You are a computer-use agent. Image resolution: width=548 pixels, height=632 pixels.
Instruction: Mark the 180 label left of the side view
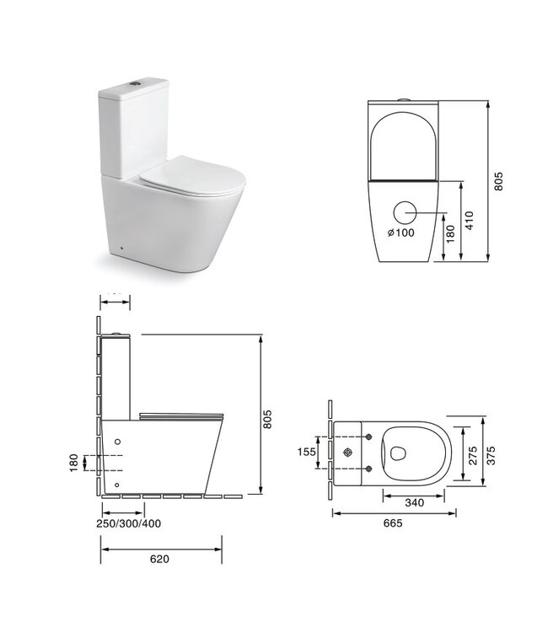point(73,461)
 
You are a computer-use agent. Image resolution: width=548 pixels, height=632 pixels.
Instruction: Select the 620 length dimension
point(161,557)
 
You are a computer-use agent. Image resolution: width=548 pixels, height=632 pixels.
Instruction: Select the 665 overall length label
point(393,523)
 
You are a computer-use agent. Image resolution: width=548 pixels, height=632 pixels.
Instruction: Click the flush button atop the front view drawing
point(408,100)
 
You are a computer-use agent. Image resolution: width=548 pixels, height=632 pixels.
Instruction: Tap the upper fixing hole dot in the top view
point(369,437)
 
